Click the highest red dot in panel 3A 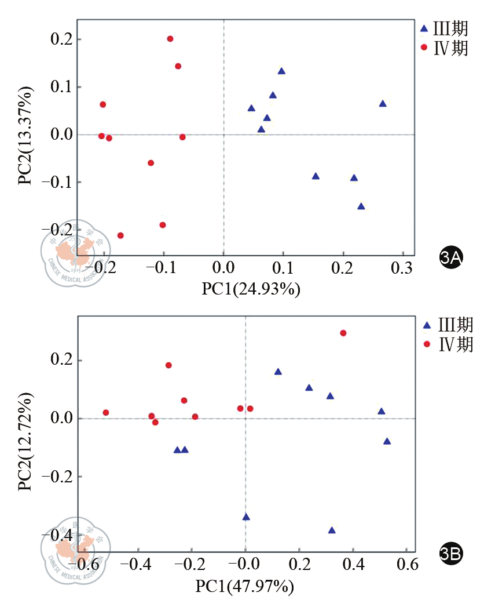coord(170,39)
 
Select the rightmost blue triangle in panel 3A coord(383,104)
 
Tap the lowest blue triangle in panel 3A coord(361,206)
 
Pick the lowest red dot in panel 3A coord(120,235)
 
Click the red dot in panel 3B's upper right coord(343,333)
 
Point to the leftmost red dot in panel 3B coord(106,413)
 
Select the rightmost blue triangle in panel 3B coord(387,442)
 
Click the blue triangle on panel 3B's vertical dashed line coord(246,517)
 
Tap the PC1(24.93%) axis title coord(251,288)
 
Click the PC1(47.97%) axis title coord(245,587)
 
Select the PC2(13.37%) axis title coord(25,135)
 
